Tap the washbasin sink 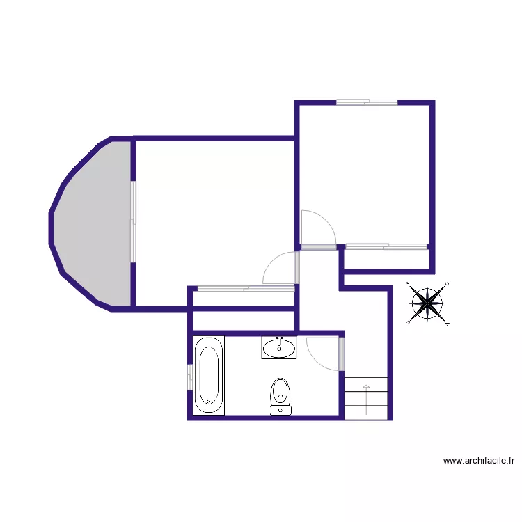[279, 347]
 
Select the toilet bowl [280, 391]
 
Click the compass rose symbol [427, 303]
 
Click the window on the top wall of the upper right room [366, 103]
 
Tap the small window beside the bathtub [189, 376]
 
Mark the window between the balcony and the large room [132, 221]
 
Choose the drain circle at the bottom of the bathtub [209, 402]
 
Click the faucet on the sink [279, 340]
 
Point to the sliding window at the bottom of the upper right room [386, 246]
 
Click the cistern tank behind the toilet [280, 411]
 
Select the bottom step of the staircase [366, 411]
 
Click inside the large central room [212, 209]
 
